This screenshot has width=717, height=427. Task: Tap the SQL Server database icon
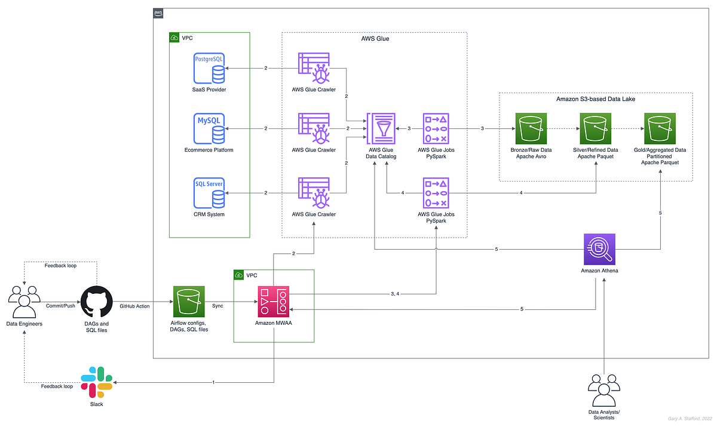tap(209, 192)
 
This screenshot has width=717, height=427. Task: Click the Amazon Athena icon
tap(600, 249)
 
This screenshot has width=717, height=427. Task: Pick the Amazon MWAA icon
tap(274, 302)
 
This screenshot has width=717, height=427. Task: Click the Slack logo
tap(97, 382)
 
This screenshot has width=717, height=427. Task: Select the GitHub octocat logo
tap(97, 302)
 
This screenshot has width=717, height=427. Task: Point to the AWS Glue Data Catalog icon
tap(381, 128)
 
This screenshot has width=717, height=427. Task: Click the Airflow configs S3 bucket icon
tap(189, 302)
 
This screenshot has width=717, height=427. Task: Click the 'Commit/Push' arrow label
tap(60, 305)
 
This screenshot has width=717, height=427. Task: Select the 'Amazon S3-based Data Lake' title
tap(595, 99)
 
